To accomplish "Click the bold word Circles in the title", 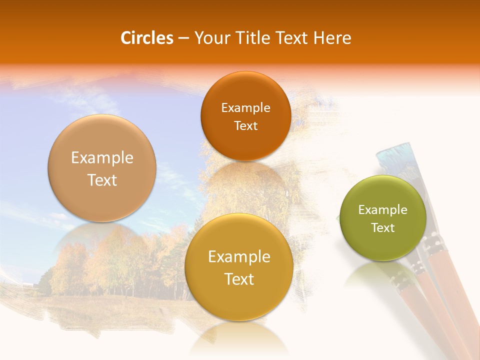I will tap(147, 38).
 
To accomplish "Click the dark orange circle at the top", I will tap(245, 116).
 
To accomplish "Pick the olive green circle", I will tap(383, 218).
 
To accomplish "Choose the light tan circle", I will tap(102, 168).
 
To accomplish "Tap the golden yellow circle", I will tap(239, 267).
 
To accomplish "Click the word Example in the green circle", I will tap(383, 210).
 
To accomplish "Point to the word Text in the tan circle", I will tap(102, 180).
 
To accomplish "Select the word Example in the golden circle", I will tap(239, 257).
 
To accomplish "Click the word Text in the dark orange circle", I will tap(245, 126).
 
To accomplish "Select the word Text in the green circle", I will tap(383, 228).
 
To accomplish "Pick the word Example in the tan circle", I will tap(102, 158).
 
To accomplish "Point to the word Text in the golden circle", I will tap(239, 279).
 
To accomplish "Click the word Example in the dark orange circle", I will tap(245, 108).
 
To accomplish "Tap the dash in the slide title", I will tap(183, 38).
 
